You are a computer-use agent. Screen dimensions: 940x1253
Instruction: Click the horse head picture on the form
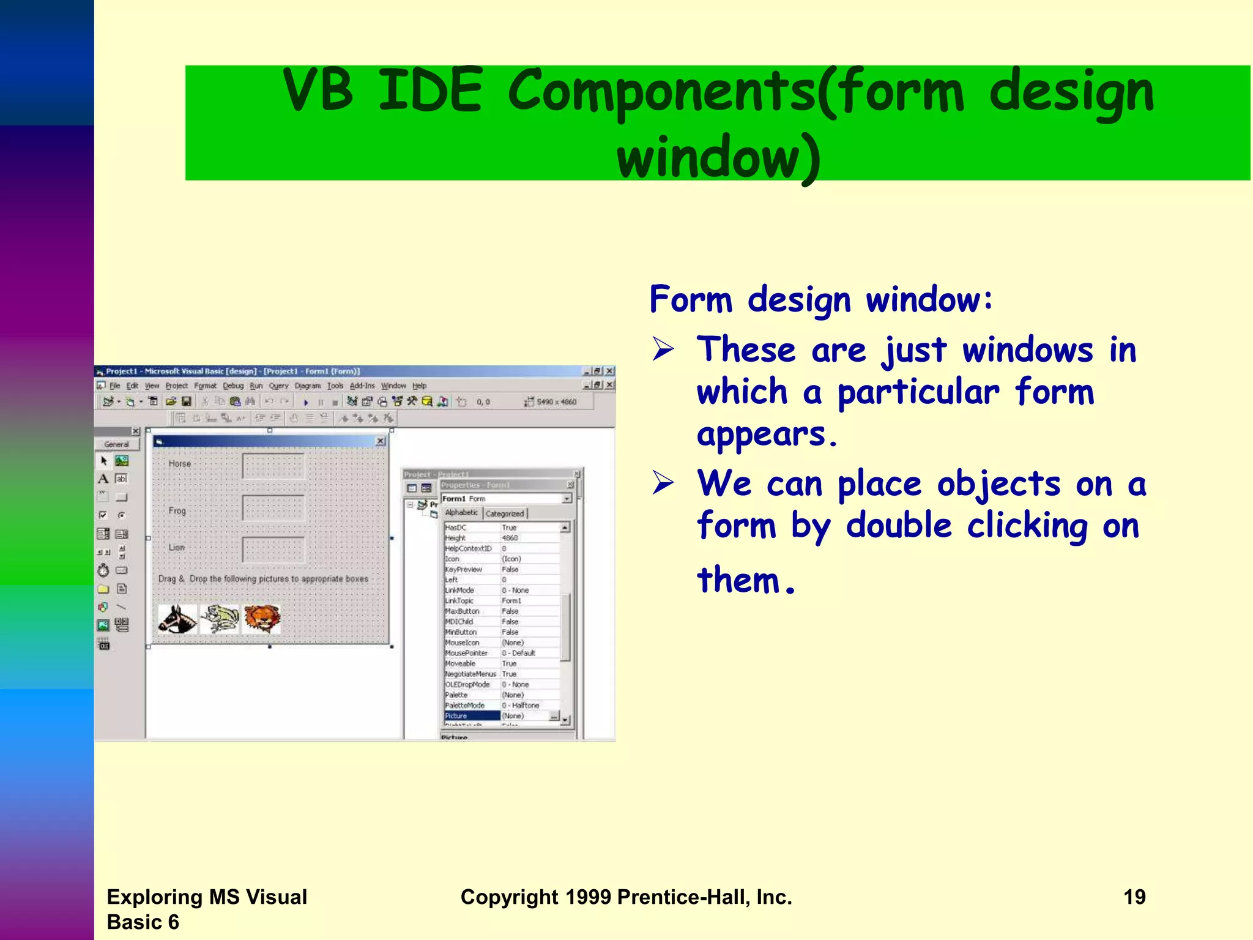coord(177,619)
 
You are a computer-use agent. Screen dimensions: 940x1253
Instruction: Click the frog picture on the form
coord(220,619)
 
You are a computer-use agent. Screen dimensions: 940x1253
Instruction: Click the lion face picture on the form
coord(262,618)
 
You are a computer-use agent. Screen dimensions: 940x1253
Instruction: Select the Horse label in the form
coord(180,464)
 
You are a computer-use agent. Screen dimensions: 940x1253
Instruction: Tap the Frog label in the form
coord(177,510)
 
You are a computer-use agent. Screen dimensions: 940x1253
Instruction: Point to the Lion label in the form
coord(176,547)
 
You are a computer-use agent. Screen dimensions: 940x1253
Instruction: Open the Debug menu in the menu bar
coord(232,386)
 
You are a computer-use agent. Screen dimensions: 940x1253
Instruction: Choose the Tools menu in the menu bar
coord(335,386)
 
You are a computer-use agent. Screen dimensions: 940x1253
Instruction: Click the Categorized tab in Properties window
coord(505,513)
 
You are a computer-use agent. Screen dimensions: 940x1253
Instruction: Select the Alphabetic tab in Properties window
coord(461,513)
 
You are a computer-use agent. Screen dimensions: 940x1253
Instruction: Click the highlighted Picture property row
coord(472,715)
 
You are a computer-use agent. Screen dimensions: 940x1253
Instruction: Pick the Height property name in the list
coord(455,538)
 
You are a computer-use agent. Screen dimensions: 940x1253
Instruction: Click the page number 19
coord(1134,897)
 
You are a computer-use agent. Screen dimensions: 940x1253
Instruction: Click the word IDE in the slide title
coord(430,91)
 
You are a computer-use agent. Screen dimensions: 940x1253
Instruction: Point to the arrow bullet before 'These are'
coord(663,349)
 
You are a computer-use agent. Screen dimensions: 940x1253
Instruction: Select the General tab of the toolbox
coord(116,444)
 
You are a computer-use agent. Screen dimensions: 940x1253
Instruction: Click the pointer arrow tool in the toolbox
coord(103,461)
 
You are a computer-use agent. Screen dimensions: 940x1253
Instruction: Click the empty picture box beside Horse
coord(273,466)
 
